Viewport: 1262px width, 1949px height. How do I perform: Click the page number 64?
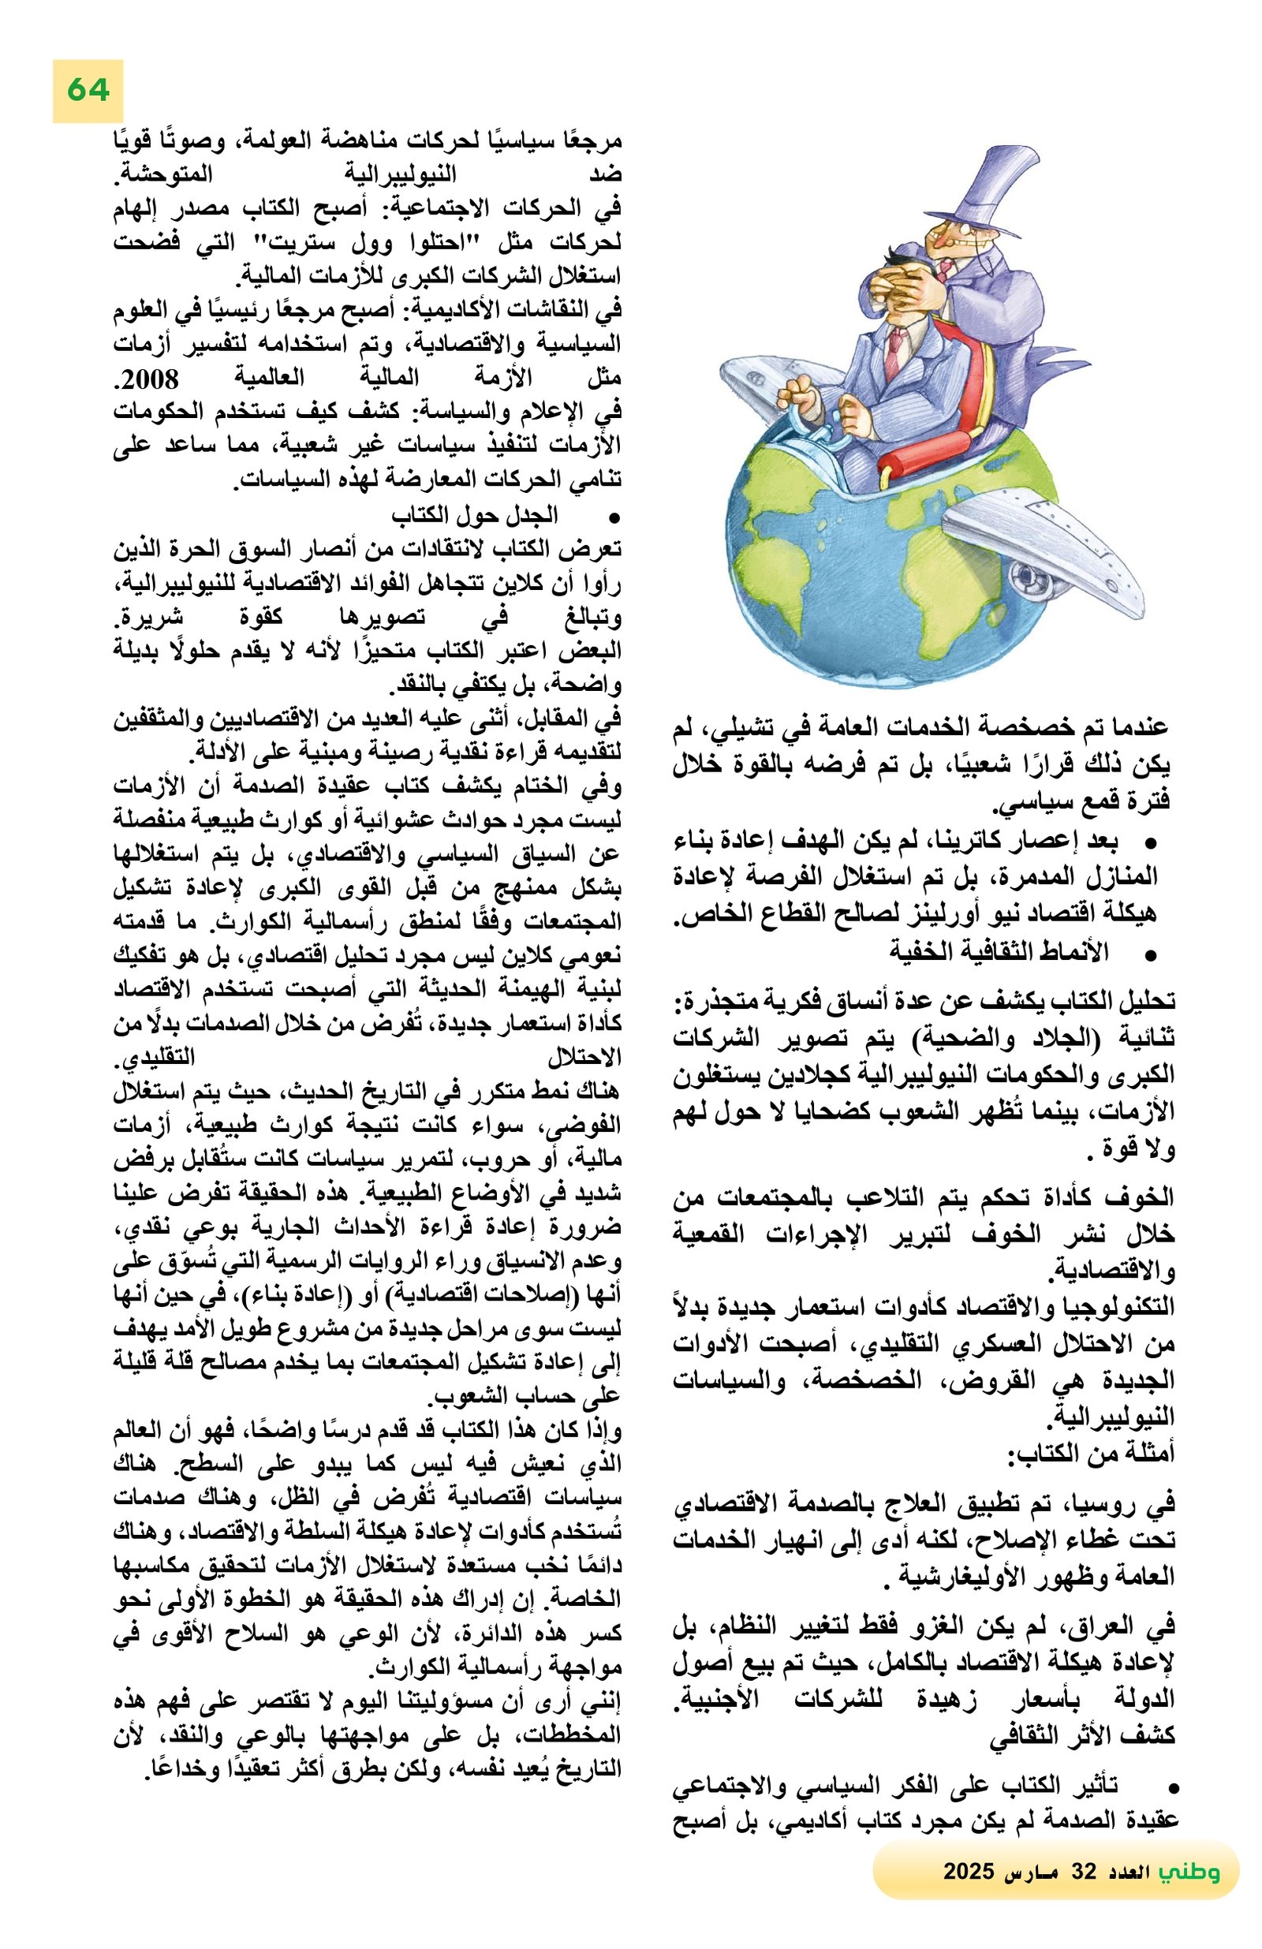pos(88,89)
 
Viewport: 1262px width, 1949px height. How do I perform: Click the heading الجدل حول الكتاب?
pos(474,515)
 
